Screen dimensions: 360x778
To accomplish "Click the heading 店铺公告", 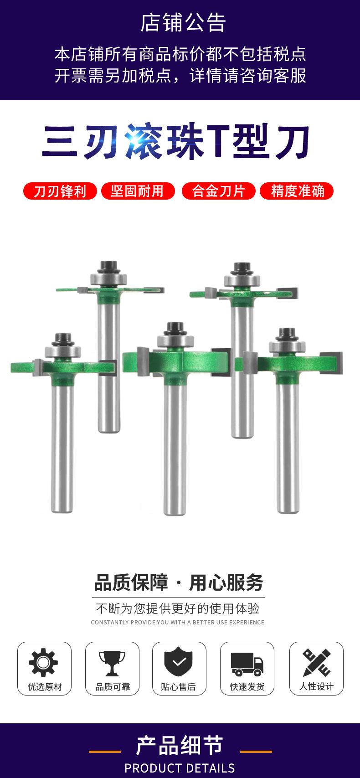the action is tap(183, 23).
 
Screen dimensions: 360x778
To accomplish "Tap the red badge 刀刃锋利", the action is tap(60, 191).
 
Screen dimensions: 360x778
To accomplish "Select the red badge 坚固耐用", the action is tap(138, 191).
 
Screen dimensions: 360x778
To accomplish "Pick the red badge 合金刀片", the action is tap(219, 191).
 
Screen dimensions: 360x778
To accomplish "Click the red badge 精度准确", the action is tap(297, 191).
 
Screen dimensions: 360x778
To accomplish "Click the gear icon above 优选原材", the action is tap(43, 662).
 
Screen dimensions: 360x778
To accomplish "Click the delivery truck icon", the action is tap(247, 665).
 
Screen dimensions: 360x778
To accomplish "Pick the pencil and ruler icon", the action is tap(316, 662).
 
